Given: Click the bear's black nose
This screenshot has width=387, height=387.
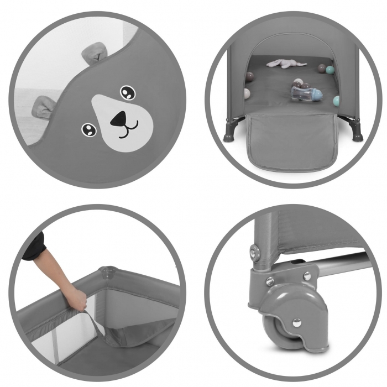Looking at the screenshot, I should click(118, 119).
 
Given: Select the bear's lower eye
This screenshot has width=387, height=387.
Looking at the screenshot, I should click(88, 129).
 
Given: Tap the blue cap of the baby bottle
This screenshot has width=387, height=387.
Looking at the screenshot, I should click(320, 95).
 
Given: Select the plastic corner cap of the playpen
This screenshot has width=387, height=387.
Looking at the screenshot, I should click(107, 274).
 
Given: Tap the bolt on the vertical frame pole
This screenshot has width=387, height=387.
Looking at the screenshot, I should click(254, 252).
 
